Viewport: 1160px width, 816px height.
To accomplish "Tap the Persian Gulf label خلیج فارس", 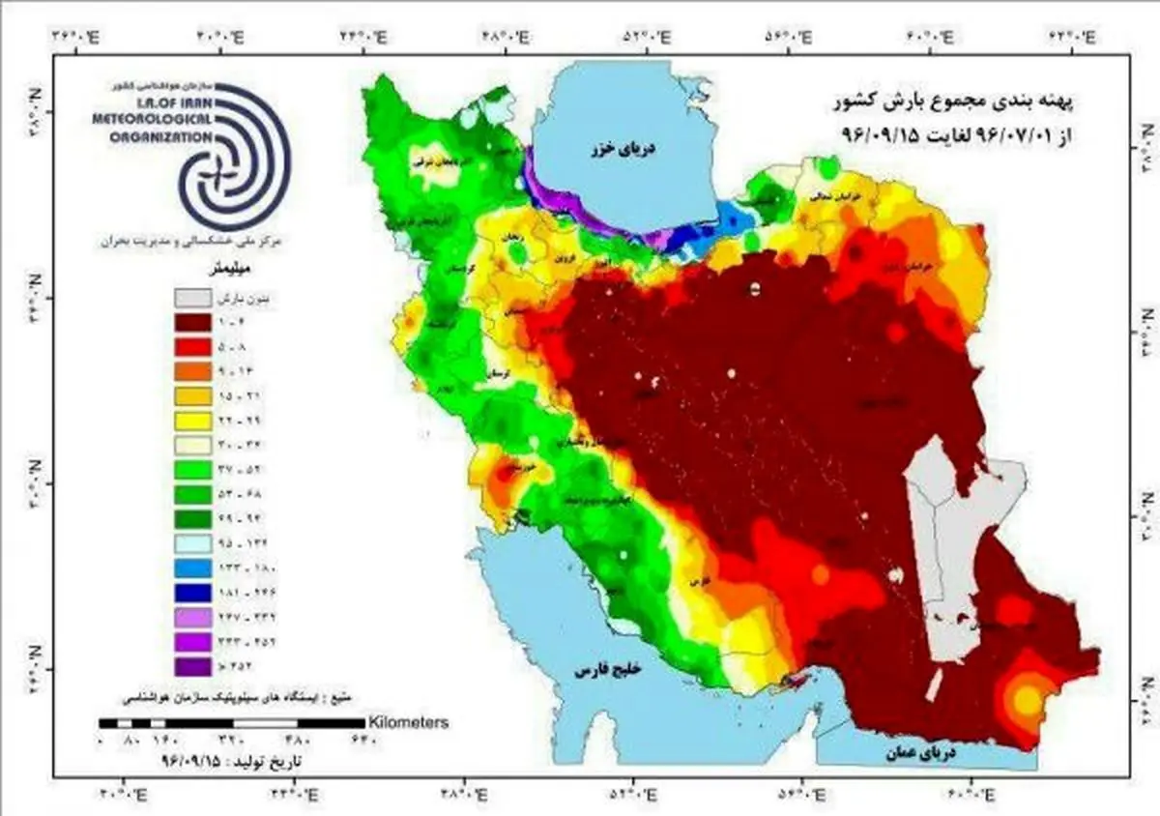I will (610, 669).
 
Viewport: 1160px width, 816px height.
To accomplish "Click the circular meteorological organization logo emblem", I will (233, 157).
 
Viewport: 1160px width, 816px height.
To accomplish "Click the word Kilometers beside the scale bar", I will (407, 722).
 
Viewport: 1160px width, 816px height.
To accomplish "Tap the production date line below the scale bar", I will (232, 761).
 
